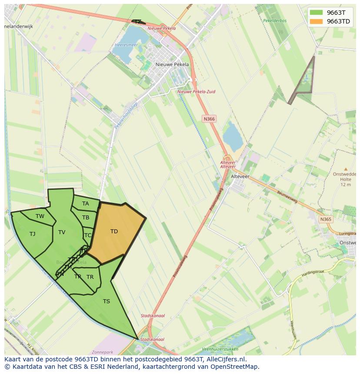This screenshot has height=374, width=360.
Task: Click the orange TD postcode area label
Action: [114, 232]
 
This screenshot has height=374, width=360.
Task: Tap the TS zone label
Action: [107, 301]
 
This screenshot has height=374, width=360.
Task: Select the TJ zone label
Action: [32, 234]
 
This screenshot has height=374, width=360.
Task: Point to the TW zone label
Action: [40, 216]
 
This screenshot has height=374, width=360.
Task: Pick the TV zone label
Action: [62, 232]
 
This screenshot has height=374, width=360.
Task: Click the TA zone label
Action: [85, 204]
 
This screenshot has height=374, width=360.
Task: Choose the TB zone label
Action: [86, 218]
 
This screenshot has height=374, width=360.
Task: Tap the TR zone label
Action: [90, 277]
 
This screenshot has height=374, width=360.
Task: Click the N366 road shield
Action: [209, 119]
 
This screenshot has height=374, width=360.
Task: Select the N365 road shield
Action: [326, 219]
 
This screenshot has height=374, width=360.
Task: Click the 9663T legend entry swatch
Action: [317, 13]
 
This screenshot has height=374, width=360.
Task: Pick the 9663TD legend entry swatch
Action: [317, 21]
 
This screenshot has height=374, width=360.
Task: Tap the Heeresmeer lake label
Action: [126, 45]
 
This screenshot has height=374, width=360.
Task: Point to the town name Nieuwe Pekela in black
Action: [172, 64]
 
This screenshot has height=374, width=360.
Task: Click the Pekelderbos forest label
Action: [274, 20]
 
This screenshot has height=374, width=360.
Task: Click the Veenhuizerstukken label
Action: [220, 349]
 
